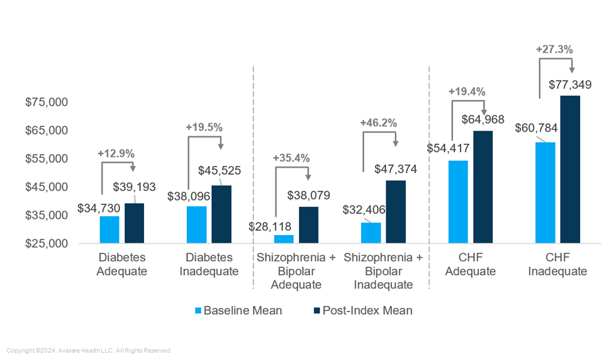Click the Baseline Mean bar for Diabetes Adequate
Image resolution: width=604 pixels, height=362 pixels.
(109, 229)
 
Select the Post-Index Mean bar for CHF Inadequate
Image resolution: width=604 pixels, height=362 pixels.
(570, 169)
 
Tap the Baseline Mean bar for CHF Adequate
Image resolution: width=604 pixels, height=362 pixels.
(458, 202)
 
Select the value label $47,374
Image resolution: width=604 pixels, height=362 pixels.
(396, 169)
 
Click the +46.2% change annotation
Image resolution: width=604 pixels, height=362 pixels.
(378, 123)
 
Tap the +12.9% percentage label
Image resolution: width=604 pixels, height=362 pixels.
(116, 153)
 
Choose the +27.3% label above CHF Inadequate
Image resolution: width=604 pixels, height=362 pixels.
(554, 48)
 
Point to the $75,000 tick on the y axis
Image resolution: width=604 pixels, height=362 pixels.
(45, 102)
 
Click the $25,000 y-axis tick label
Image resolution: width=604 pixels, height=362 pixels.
(45, 244)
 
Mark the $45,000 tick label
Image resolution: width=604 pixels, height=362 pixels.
(45, 187)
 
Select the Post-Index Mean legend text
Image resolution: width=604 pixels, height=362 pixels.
(367, 310)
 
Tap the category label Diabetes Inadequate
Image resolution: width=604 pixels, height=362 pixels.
(209, 265)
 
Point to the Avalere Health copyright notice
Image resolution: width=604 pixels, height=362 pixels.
(89, 351)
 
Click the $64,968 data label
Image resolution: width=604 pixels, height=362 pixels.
(483, 119)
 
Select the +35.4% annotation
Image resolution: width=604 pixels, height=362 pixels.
(291, 158)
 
